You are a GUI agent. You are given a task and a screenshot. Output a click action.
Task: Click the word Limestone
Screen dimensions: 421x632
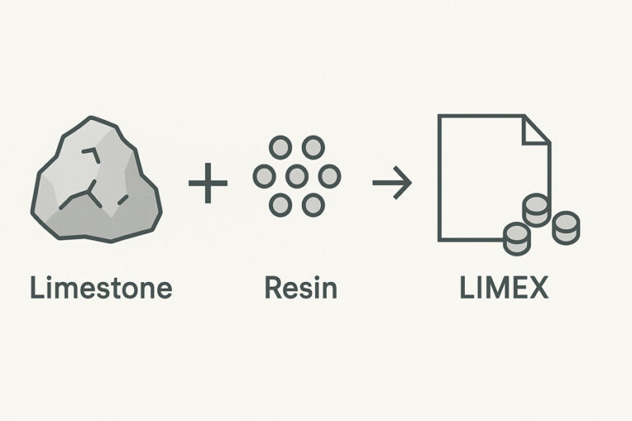coord(100,288)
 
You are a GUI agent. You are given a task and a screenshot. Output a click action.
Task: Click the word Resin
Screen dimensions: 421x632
coord(300,288)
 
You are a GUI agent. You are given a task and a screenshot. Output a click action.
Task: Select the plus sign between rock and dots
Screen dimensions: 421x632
coord(207,183)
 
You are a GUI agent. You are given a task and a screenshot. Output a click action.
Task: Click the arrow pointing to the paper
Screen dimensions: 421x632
coord(392,183)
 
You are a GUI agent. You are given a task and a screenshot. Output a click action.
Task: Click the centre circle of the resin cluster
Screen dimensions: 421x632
coord(297,176)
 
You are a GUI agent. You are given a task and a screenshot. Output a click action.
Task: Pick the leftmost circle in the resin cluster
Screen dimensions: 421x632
coord(264,176)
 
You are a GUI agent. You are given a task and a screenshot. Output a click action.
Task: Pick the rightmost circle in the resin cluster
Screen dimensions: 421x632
coord(329,176)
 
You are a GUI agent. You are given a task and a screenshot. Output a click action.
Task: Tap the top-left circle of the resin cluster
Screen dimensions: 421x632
coord(281,148)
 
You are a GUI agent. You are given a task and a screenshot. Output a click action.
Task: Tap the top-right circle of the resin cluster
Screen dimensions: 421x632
coord(313,148)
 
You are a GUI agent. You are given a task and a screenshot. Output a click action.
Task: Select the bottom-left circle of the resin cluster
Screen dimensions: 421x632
coord(281,205)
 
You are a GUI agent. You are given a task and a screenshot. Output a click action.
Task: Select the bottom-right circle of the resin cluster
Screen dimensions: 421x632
coord(313,205)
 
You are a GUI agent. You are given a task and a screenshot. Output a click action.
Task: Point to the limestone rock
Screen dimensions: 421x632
coord(95,181)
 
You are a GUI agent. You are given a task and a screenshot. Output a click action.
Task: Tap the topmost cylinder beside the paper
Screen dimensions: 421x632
coord(536,210)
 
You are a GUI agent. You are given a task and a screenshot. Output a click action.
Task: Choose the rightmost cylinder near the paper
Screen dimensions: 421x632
coord(566,227)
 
